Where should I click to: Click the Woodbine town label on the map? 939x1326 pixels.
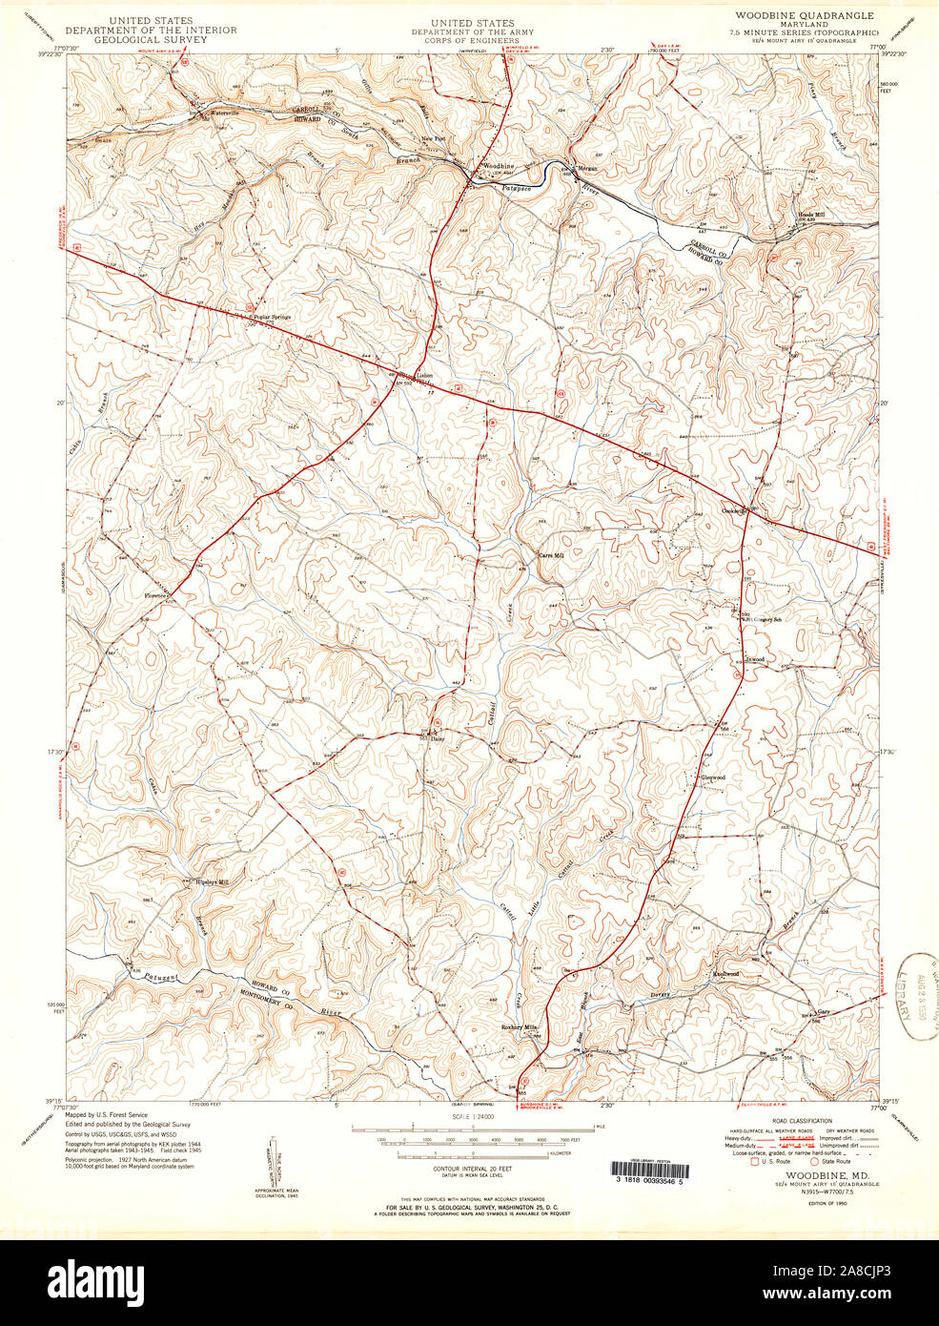click(x=498, y=166)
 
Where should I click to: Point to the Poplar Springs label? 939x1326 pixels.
click(x=270, y=317)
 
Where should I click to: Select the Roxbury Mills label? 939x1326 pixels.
click(x=521, y=1026)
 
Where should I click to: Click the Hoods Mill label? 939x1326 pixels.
click(x=811, y=215)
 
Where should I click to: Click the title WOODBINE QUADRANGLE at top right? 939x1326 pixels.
click(x=804, y=16)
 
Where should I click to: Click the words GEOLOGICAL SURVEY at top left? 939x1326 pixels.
click(x=151, y=40)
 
